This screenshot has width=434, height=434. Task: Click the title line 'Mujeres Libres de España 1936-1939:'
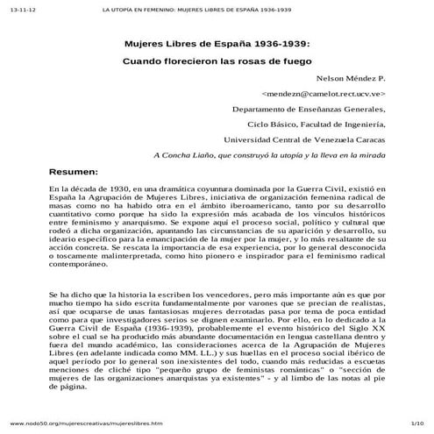[x=216, y=44]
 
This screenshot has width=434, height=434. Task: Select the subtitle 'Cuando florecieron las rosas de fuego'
[x=216, y=63]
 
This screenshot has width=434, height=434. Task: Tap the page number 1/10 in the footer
[x=417, y=423]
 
